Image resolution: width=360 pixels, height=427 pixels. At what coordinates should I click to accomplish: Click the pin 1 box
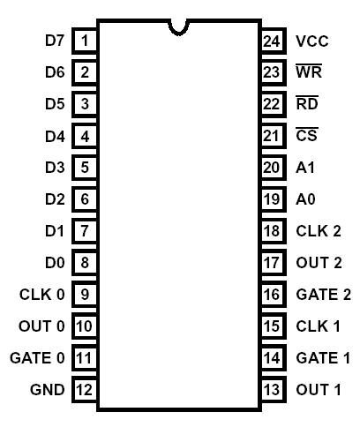[85, 41]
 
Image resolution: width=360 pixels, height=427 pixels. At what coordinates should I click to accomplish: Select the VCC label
[312, 41]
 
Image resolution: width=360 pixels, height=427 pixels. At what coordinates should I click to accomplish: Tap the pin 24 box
[274, 41]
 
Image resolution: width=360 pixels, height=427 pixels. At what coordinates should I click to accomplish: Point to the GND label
[48, 390]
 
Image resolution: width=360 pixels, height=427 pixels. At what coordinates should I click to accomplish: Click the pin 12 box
[85, 389]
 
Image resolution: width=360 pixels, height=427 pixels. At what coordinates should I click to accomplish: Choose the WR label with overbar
[309, 71]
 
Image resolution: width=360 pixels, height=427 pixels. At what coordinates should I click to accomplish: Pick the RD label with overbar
[307, 103]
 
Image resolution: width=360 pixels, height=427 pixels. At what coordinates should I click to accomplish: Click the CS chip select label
[307, 134]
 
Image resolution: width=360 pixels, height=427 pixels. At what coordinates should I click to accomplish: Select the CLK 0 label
[42, 295]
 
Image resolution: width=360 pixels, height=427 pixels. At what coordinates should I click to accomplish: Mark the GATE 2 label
[324, 295]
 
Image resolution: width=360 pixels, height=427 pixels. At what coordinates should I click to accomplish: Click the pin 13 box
[274, 389]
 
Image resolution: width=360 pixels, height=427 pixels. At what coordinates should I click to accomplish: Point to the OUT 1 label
[319, 390]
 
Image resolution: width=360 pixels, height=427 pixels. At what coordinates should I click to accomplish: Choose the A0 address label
[305, 199]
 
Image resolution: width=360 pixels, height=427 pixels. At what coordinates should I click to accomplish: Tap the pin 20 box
[274, 168]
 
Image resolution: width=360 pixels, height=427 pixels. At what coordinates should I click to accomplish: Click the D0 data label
[55, 263]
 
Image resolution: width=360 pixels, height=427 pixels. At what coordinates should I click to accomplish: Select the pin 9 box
[85, 294]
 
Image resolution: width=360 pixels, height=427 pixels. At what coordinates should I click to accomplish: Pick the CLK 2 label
[319, 231]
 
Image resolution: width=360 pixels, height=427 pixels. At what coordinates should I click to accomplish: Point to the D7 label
[55, 41]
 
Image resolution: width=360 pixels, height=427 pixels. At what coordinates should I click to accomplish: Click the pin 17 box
[274, 262]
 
